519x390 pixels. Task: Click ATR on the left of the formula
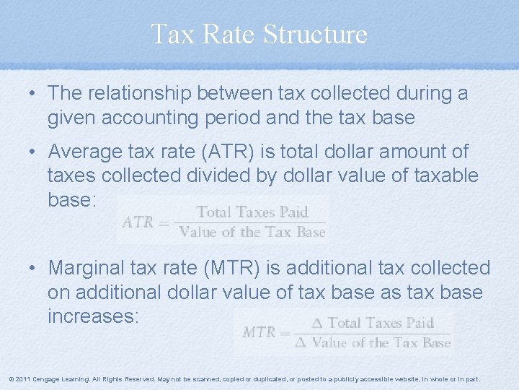click(138, 222)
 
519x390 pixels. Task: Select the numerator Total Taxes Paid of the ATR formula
click(252, 212)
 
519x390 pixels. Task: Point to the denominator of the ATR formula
click(252, 232)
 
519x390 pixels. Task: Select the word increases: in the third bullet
click(93, 316)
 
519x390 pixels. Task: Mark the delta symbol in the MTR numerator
click(317, 323)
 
